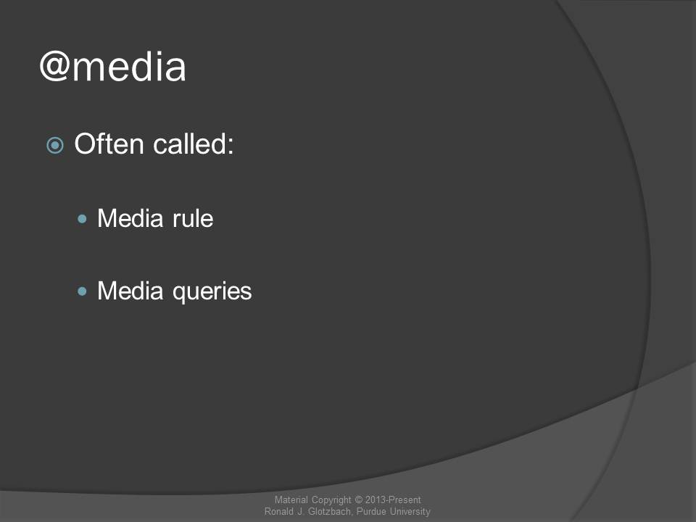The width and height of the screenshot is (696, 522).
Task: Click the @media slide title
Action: (x=113, y=67)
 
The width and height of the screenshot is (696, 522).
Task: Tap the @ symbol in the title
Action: (x=55, y=67)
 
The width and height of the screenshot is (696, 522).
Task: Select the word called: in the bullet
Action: (x=193, y=144)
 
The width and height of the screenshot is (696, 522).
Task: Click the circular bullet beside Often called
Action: (x=55, y=145)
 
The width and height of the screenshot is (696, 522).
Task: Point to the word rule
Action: (x=193, y=218)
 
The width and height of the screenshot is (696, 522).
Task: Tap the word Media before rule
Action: (x=130, y=218)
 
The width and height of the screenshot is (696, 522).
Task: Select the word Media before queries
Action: (x=130, y=291)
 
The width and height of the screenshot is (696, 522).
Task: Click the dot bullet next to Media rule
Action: (x=82, y=218)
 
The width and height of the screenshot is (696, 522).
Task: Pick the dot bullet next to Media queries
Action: (x=82, y=291)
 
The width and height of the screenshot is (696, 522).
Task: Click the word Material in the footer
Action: (x=291, y=500)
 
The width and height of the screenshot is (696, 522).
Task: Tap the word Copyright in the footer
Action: (x=331, y=500)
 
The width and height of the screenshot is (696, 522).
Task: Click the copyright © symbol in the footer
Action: (x=358, y=500)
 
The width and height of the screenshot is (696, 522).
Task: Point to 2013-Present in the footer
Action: (x=393, y=500)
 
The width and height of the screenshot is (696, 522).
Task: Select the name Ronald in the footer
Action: (x=278, y=511)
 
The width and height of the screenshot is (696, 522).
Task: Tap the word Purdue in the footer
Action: (x=371, y=511)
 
